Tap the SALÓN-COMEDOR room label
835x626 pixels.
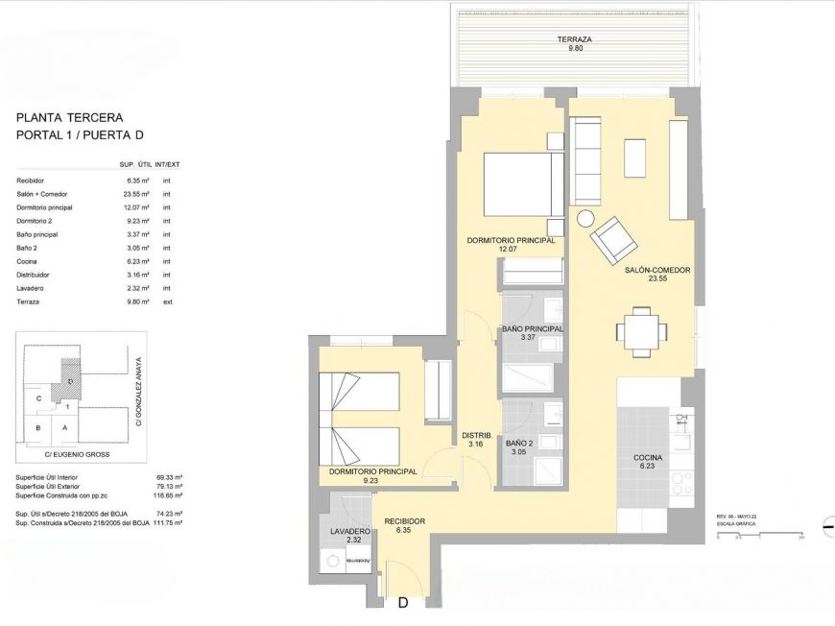(x=657, y=271)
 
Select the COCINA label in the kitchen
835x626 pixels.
(x=648, y=458)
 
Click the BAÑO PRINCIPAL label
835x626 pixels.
(x=532, y=329)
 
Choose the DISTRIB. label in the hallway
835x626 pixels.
(x=477, y=435)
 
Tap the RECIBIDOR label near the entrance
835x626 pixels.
(x=404, y=521)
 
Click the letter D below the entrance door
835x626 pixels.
(x=403, y=604)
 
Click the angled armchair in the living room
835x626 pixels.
(x=612, y=240)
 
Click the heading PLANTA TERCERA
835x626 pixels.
(x=69, y=118)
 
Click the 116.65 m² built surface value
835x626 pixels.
(x=169, y=495)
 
